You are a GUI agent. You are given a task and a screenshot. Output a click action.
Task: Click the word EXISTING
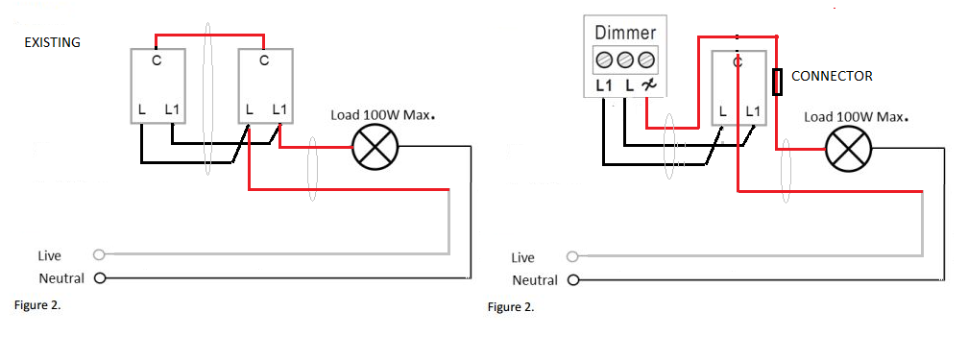[53, 42]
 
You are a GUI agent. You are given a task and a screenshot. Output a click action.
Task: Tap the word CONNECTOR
[833, 76]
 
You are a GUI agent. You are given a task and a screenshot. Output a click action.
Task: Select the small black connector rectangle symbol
[779, 83]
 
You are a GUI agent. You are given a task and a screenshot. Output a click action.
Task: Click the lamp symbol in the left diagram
[375, 147]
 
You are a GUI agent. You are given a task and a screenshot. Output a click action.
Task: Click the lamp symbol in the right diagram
[849, 149]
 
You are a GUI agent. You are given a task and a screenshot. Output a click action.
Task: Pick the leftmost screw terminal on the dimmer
[605, 60]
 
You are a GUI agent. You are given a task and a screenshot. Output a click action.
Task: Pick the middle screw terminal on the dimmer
[625, 60]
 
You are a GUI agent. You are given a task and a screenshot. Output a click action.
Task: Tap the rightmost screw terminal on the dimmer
[645, 60]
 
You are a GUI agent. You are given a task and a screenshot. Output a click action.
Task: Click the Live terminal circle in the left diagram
[99, 253]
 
